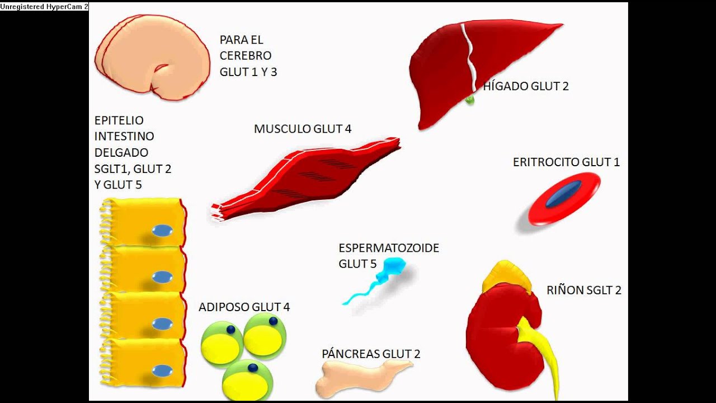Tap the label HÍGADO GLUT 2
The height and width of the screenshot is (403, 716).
pyautogui.click(x=526, y=86)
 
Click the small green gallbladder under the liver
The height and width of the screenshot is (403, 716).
pyautogui.click(x=469, y=100)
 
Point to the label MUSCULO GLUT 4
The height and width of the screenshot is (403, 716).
pyautogui.click(x=303, y=129)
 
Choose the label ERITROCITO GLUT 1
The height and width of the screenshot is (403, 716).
pyautogui.click(x=566, y=162)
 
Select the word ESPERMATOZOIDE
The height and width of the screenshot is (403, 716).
pyautogui.click(x=389, y=248)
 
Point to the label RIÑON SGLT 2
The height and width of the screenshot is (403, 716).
pyautogui.click(x=584, y=290)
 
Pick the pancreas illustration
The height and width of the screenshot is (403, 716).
pyautogui.click(x=361, y=378)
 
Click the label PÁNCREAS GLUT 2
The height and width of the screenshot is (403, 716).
pyautogui.click(x=371, y=354)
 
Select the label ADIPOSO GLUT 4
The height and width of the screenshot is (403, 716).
pyautogui.click(x=244, y=307)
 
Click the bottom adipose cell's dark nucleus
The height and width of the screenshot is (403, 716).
pyautogui.click(x=253, y=368)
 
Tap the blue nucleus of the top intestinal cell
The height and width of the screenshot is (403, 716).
pyautogui.click(x=162, y=231)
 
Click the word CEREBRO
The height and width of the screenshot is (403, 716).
pyautogui.click(x=246, y=56)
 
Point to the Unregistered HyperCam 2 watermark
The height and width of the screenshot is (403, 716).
pyautogui.click(x=44, y=6)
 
